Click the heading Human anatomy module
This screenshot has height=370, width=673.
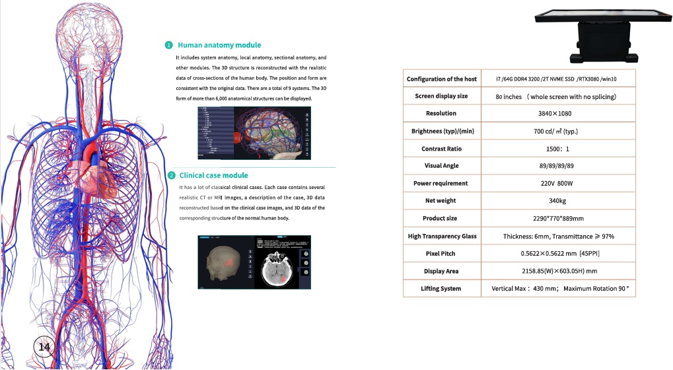pyautogui.click(x=219, y=45)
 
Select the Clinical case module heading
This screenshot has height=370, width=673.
pyautogui.click(x=213, y=175)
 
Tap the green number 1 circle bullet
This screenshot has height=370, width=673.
pyautogui.click(x=169, y=45)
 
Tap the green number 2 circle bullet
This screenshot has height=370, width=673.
pyautogui.click(x=171, y=175)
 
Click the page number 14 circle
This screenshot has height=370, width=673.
pyautogui.click(x=45, y=347)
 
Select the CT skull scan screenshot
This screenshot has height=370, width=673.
pyautogui.click(x=254, y=262)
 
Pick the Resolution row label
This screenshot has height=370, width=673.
pyautogui.click(x=441, y=114)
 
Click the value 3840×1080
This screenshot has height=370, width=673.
pyautogui.click(x=558, y=114)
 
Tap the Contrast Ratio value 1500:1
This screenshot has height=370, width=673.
pyautogui.click(x=558, y=149)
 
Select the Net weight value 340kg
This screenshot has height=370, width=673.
pyautogui.click(x=558, y=201)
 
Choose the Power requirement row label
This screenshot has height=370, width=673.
pyautogui.click(x=441, y=183)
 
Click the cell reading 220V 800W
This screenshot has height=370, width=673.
pyautogui.click(x=558, y=183)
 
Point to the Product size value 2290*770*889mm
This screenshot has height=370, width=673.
pyautogui.click(x=558, y=218)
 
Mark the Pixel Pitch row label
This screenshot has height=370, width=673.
pyautogui.click(x=441, y=254)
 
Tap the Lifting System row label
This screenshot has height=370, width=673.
pyautogui.click(x=441, y=289)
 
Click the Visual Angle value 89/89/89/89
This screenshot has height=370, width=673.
pyautogui.click(x=558, y=166)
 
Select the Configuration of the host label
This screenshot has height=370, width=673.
pyautogui.click(x=441, y=79)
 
